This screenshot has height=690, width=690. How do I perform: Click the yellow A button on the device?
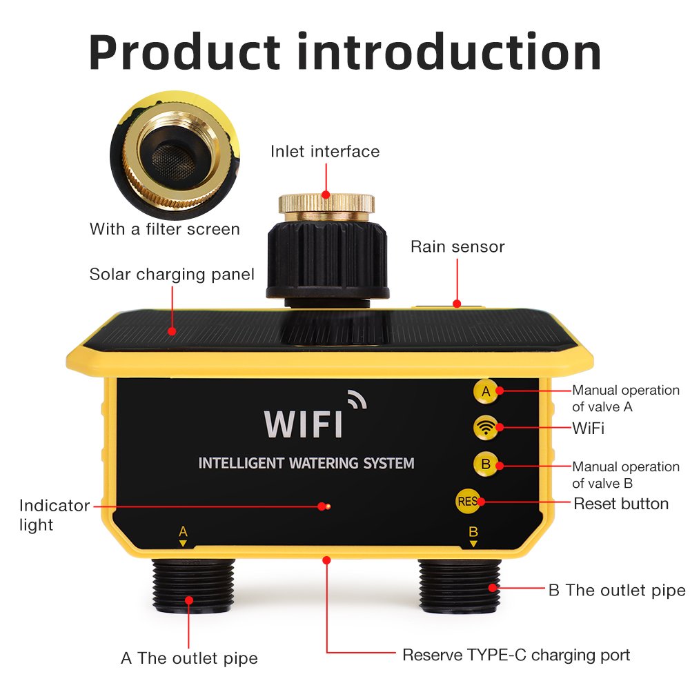coord(486,391)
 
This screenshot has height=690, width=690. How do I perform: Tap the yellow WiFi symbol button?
coord(486,427)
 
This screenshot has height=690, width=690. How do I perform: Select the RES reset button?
coord(468,501)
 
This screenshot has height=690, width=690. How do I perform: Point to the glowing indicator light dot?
coord(327,506)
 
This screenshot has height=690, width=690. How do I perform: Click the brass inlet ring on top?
coord(326,206)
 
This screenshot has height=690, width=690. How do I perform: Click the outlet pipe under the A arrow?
coord(193,585)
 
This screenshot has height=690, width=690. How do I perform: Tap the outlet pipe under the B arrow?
coord(459,585)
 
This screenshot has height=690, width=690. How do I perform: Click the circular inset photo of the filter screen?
coord(175,155)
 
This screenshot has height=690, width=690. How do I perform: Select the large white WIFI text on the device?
coord(303,424)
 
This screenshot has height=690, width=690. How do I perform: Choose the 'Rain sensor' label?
coord(457,247)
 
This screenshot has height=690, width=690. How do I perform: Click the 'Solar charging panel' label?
coord(172,275)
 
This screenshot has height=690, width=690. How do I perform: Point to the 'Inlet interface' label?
coord(325,151)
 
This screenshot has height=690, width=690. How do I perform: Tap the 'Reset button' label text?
coord(621,504)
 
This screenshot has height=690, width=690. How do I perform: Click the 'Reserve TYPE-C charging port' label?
coord(516,655)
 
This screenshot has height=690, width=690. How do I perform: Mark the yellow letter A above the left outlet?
coord(183,531)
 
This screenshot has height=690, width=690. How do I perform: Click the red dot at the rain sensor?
coord(457,304)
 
